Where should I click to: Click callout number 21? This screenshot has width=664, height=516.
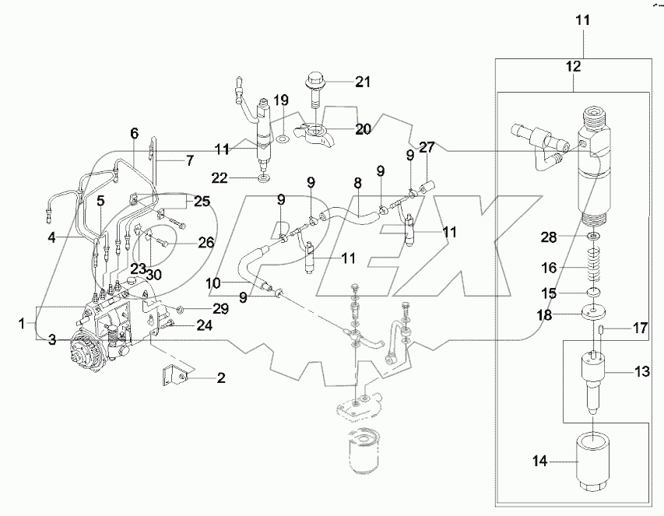tap(364, 82)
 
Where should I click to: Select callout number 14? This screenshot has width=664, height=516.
tap(539, 462)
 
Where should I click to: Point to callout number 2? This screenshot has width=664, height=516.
tap(220, 379)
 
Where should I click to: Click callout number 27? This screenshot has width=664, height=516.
tap(427, 146)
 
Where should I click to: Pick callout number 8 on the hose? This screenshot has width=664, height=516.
tap(357, 184)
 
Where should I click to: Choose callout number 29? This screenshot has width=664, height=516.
tap(221, 309)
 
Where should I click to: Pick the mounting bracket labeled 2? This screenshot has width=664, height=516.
tap(173, 375)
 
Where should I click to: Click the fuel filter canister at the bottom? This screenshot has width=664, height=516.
tap(363, 451)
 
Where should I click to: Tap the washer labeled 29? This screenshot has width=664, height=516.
tap(181, 310)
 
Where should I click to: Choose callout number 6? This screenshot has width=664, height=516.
tap(134, 133)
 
